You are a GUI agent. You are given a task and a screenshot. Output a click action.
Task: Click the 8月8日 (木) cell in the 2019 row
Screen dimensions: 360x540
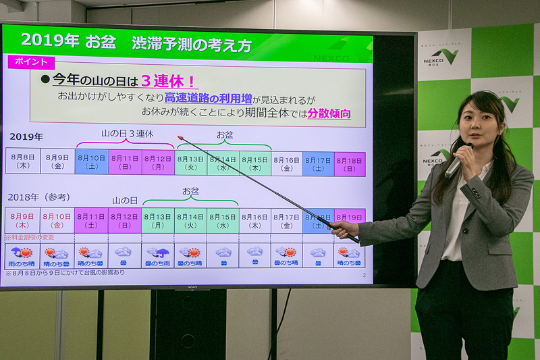click(24, 162)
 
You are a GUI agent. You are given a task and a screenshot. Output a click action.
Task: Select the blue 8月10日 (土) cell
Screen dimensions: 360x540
click(91, 162)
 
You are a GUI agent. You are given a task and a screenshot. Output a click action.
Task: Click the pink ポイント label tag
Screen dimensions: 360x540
click(30, 61)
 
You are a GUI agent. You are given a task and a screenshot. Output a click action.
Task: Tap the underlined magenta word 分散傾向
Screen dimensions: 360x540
click(329, 113)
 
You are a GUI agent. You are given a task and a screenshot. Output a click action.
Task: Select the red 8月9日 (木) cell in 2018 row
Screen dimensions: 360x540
click(24, 220)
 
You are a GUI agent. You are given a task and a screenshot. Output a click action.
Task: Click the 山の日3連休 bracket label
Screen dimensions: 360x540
click(126, 134)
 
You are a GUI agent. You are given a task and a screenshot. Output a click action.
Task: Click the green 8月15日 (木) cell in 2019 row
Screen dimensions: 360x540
click(255, 163)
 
